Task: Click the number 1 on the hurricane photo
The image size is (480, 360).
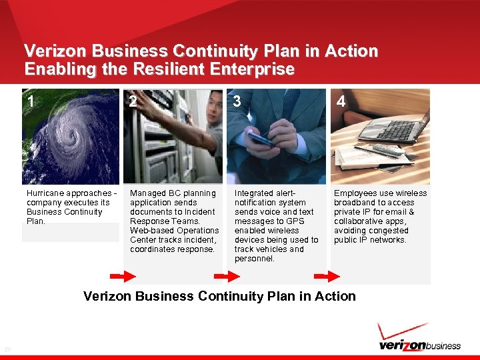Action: [x=31, y=101]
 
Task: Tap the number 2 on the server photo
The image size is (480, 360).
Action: [x=133, y=101]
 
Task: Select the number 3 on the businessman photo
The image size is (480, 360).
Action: [x=237, y=101]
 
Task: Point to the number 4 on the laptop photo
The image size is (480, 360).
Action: [x=341, y=101]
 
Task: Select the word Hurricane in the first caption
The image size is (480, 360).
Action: [x=45, y=193]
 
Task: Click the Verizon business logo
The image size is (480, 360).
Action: [x=419, y=345]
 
